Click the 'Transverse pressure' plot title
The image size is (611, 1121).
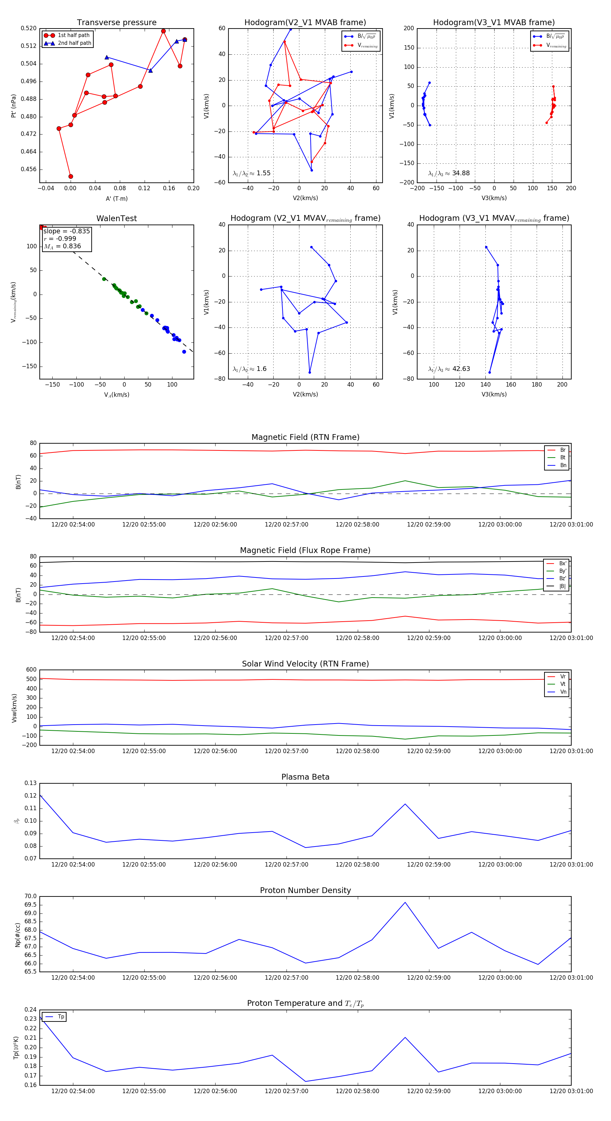tap(116, 23)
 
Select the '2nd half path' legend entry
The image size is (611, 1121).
tap(74, 43)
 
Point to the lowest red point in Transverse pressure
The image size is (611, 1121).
tap(71, 176)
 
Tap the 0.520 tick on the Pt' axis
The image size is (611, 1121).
tap(29, 28)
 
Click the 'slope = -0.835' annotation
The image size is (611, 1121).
tap(67, 231)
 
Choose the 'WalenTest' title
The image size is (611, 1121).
tap(116, 218)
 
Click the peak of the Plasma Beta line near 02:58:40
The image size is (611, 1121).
tap(405, 804)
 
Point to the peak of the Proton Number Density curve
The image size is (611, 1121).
tap(405, 902)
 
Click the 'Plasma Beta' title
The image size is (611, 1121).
tap(305, 777)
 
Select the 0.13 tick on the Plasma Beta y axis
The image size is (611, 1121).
tap(31, 783)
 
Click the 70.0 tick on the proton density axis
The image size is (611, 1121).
tap(31, 896)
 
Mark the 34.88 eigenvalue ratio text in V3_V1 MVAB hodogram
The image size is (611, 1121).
tap(461, 173)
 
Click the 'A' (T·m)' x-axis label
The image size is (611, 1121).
tap(116, 199)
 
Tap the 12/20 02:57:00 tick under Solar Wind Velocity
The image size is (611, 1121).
tap(286, 751)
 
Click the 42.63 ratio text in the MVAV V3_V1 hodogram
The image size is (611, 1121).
tap(461, 369)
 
